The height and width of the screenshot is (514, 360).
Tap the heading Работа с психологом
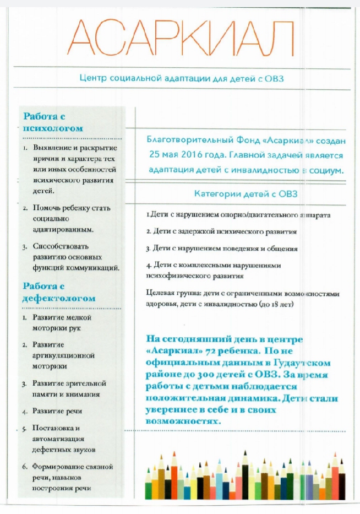(x=53, y=122)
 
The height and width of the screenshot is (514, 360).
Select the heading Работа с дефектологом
(x=59, y=292)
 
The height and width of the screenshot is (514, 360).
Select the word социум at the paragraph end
(x=328, y=170)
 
